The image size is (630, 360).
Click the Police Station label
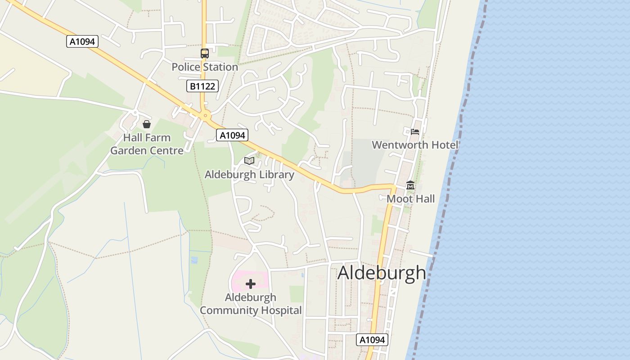(205, 67)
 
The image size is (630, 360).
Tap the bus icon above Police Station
(205, 54)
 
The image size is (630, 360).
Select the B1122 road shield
(202, 86)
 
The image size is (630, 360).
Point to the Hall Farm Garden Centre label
(147, 144)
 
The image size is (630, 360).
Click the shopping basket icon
(147, 124)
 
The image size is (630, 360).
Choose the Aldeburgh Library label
(249, 175)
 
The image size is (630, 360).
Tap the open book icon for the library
(249, 161)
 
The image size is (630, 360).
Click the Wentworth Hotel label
(415, 145)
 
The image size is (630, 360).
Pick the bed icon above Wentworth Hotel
(415, 132)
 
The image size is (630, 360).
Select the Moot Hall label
(411, 199)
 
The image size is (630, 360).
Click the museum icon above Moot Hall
(410, 185)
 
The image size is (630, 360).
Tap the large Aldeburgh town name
(382, 273)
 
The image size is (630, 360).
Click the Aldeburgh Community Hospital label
(251, 304)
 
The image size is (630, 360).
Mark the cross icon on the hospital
(251, 284)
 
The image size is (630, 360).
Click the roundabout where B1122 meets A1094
(206, 116)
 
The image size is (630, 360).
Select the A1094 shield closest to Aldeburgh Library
(232, 135)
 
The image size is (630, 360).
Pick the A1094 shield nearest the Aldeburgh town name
(373, 340)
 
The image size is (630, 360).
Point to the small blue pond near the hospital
(194, 260)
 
